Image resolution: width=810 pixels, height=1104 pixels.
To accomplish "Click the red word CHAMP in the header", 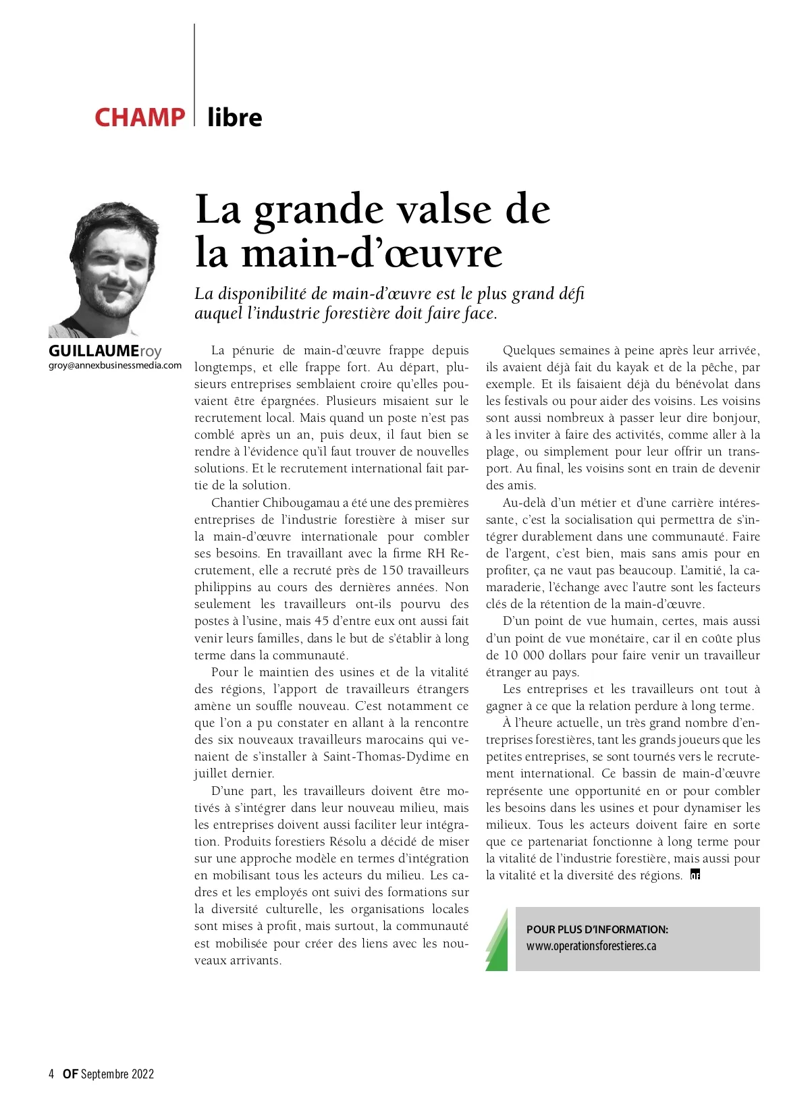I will coord(139,117).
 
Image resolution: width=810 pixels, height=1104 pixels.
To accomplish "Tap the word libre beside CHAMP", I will coord(235,117).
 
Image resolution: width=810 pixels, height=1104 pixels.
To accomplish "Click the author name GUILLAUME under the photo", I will coord(94,352).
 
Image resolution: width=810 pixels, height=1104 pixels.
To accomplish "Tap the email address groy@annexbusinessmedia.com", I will coord(115,365).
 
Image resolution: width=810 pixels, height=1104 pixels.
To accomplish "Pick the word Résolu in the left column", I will coord(350,841).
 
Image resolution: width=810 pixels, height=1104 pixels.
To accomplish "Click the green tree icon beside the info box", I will coord(497,939).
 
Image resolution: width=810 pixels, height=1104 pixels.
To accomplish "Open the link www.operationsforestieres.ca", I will coord(591,946).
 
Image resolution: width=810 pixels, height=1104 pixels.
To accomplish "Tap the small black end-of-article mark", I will coord(695,876).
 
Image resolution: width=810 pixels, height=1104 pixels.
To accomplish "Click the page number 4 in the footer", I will coord(51,1074).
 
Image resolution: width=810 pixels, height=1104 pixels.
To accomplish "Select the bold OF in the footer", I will coord(70,1074).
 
